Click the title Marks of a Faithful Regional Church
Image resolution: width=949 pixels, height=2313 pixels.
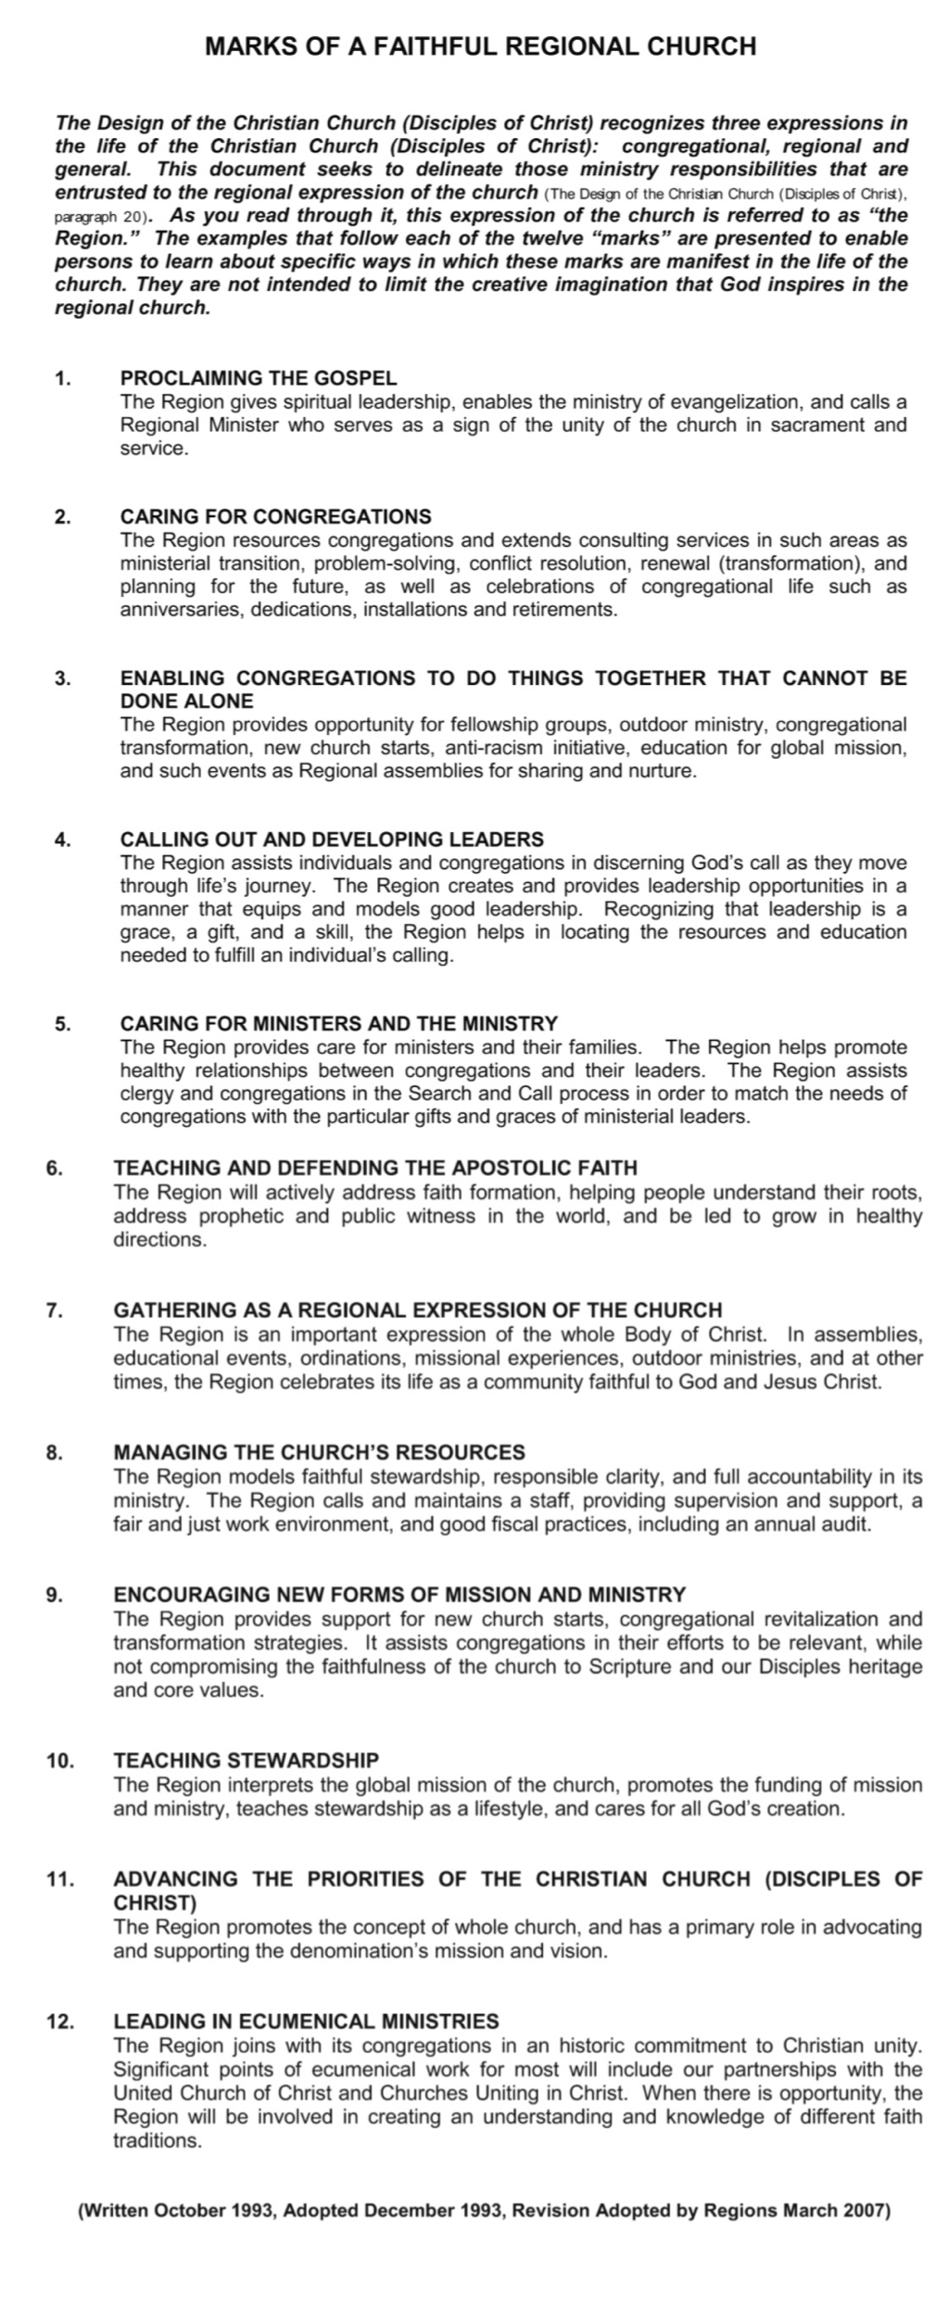point(480,46)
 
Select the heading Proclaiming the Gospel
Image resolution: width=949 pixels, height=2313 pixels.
point(259,378)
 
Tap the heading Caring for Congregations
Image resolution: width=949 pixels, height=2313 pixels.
point(275,516)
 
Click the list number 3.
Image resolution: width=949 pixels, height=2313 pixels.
point(63,678)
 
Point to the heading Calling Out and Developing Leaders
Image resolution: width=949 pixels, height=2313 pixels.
point(332,840)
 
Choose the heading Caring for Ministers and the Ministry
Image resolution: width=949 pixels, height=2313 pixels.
point(339,1024)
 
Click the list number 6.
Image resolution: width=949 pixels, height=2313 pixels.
point(55,1168)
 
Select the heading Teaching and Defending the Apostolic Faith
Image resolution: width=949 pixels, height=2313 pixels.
point(375,1168)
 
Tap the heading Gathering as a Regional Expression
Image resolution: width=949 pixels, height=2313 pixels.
point(417,1310)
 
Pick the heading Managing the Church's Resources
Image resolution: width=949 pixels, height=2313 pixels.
point(319,1452)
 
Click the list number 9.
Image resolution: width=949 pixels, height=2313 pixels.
point(55,1595)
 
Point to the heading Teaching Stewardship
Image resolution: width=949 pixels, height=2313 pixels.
point(247,1760)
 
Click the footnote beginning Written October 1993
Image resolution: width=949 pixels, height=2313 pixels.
point(485,2211)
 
